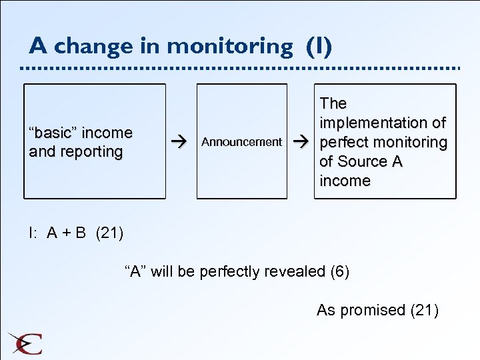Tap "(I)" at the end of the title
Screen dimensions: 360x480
click(319, 46)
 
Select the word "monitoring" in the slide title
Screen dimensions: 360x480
click(229, 47)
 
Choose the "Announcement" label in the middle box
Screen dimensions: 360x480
click(241, 142)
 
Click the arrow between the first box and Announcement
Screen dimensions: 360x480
click(177, 142)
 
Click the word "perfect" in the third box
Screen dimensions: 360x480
click(346, 142)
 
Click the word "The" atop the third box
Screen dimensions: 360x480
click(333, 103)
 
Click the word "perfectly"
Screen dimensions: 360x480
click(230, 271)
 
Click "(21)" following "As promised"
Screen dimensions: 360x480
click(424, 310)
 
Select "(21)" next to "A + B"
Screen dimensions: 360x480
click(110, 233)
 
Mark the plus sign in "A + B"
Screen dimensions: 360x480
click(66, 233)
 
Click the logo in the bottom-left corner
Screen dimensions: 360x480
click(25, 343)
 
